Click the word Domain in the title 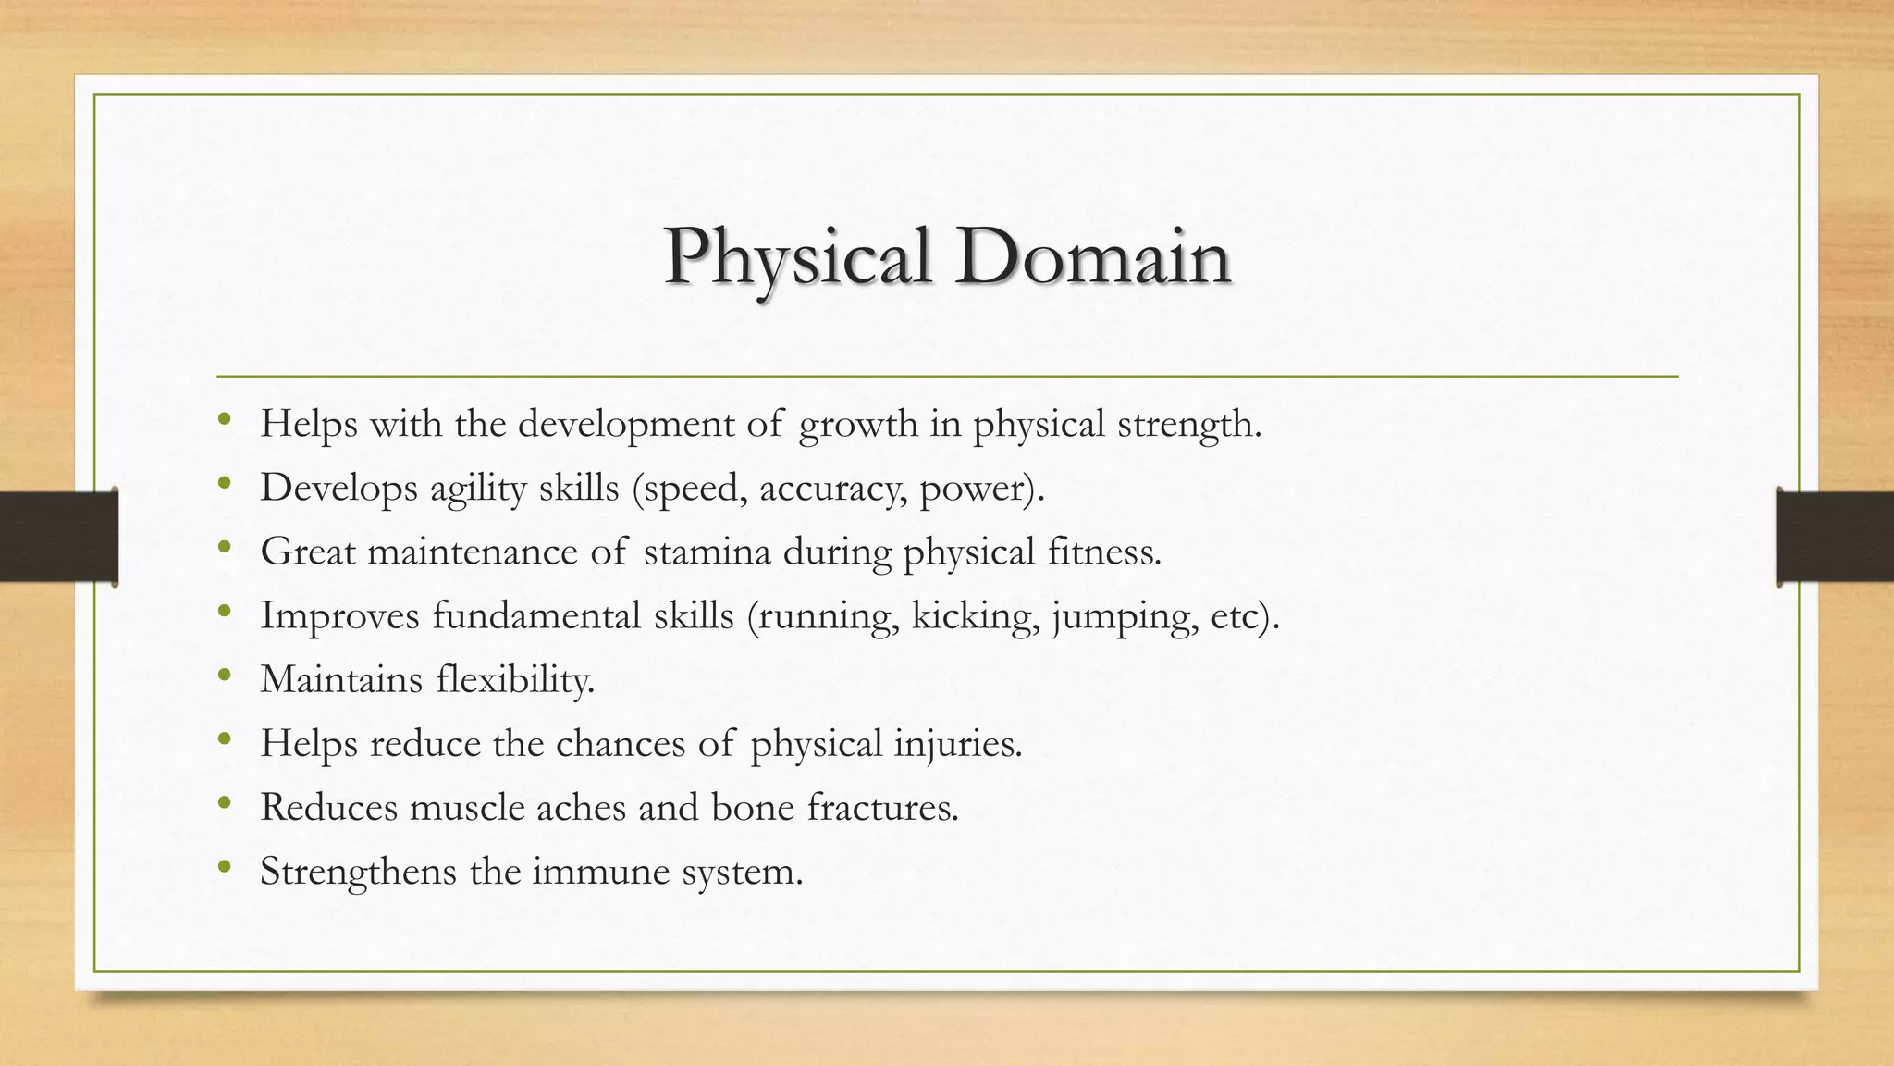click(x=1093, y=257)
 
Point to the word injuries click(x=958, y=744)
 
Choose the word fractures click(x=882, y=808)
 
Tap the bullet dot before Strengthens click(x=224, y=867)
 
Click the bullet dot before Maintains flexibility click(x=224, y=676)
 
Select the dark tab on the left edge click(x=58, y=537)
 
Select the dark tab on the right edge click(x=1835, y=537)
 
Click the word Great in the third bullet click(x=307, y=552)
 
